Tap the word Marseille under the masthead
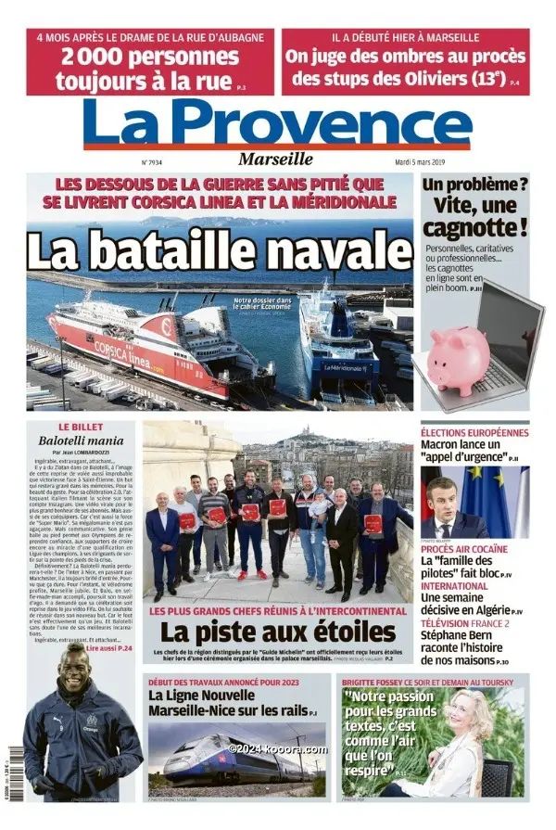pos(275,159)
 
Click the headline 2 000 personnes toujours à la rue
pos(148,69)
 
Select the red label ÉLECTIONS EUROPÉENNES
pos(474,432)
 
